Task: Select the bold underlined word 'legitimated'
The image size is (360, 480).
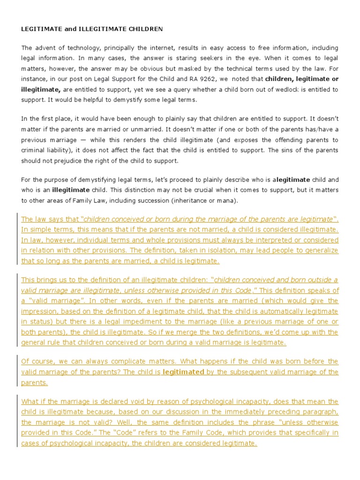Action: pyautogui.click(x=183, y=372)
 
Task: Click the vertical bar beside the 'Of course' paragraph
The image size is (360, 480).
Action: pyautogui.click(x=18, y=372)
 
